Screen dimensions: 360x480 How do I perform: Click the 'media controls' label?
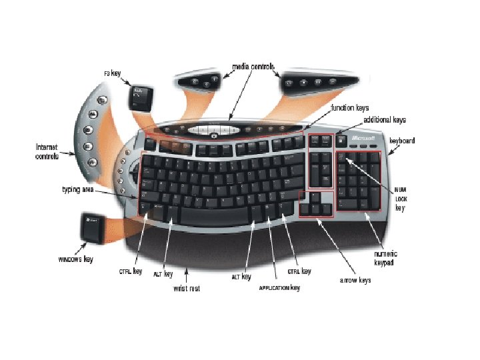(x=253, y=67)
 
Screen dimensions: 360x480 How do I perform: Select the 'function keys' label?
(x=350, y=107)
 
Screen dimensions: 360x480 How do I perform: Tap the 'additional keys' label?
(x=385, y=120)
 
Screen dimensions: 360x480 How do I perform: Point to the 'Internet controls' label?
(x=46, y=151)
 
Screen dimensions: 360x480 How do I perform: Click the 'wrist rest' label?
(x=187, y=289)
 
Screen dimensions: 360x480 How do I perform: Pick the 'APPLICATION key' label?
(x=280, y=288)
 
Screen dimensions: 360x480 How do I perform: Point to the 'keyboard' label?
(x=402, y=141)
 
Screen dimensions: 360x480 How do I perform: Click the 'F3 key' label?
(x=112, y=73)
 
